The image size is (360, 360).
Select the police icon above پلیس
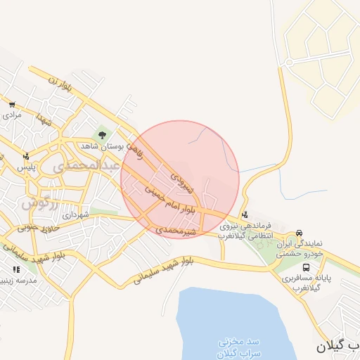click(x=26, y=156)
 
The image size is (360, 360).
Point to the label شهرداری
click(x=76, y=215)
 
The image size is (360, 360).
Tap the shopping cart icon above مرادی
click(x=12, y=103)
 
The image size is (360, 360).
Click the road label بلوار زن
click(x=61, y=84)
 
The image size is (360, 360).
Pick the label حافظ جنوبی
click(x=34, y=227)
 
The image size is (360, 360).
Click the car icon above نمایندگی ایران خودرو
click(x=300, y=233)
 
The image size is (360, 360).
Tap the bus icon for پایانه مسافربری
click(x=306, y=268)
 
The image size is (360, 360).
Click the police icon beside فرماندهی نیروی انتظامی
click(x=244, y=215)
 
